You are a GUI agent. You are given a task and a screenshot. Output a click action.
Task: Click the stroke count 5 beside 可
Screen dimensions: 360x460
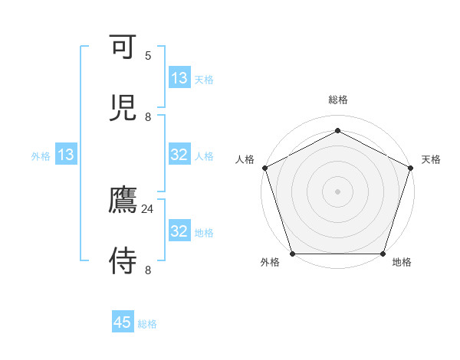point(148,56)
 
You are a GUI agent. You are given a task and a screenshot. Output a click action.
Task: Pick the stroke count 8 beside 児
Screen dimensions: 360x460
point(148,116)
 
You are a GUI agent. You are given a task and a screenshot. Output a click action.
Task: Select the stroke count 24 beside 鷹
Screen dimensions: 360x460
point(148,209)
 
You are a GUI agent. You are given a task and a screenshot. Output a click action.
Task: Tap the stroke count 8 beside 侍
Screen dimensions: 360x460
point(148,270)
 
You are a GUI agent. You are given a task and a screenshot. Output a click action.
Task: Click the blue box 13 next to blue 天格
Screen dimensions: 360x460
point(179,78)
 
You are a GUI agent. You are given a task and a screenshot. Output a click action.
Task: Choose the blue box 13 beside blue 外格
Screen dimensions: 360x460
point(66,155)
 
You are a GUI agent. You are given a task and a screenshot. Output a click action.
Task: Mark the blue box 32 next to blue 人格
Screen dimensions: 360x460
point(179,155)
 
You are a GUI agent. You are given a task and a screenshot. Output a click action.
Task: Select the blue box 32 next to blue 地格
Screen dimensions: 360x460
point(179,231)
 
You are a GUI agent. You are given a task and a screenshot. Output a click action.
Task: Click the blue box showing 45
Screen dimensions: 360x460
point(123,322)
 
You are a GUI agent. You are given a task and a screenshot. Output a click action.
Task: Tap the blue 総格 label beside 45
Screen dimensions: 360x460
point(147,324)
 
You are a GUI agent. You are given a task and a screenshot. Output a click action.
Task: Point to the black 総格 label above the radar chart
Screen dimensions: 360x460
point(337,100)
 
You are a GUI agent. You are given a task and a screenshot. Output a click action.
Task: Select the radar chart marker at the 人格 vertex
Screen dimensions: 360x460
point(264,168)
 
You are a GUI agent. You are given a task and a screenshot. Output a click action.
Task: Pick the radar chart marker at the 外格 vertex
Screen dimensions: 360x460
point(292,254)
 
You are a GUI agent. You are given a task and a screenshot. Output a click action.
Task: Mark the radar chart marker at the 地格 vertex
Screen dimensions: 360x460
point(383,254)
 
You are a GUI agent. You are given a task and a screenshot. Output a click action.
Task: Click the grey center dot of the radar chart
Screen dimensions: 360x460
point(337,191)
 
